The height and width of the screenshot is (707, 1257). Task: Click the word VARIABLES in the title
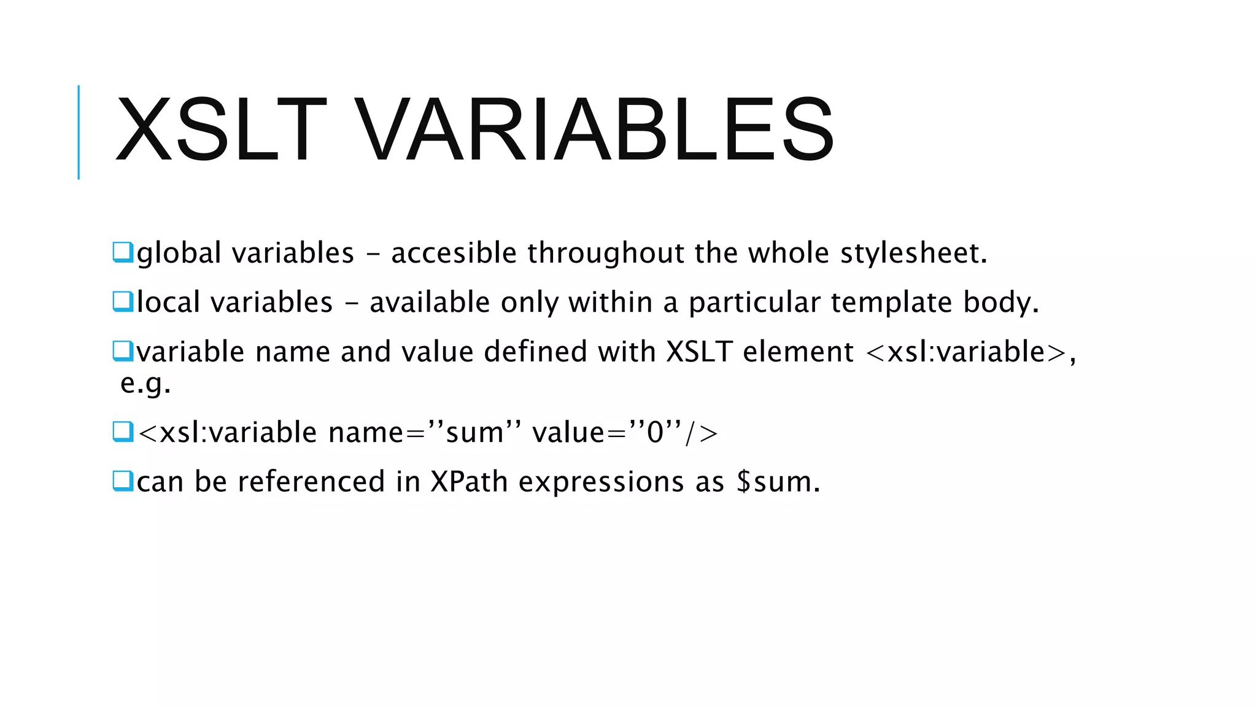[594, 131]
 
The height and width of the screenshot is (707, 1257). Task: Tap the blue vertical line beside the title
[79, 132]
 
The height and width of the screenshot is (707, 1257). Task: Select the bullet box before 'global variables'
[123, 252]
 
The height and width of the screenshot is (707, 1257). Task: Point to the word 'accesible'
[454, 253]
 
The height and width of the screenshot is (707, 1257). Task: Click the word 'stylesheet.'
[914, 253]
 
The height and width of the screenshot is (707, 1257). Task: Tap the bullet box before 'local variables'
[123, 301]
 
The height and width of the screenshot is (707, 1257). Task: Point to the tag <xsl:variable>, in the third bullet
[970, 352]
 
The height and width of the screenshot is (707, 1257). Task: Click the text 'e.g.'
[145, 384]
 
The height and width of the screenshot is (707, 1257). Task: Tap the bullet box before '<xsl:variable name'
[123, 431]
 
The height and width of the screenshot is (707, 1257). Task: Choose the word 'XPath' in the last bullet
[469, 482]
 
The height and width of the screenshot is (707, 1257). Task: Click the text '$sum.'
[778, 482]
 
